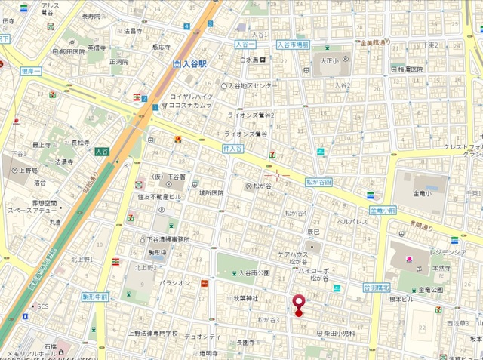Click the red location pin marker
coord(298,303)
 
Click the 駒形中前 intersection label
coord(97,297)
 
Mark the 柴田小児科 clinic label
coord(339,333)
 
